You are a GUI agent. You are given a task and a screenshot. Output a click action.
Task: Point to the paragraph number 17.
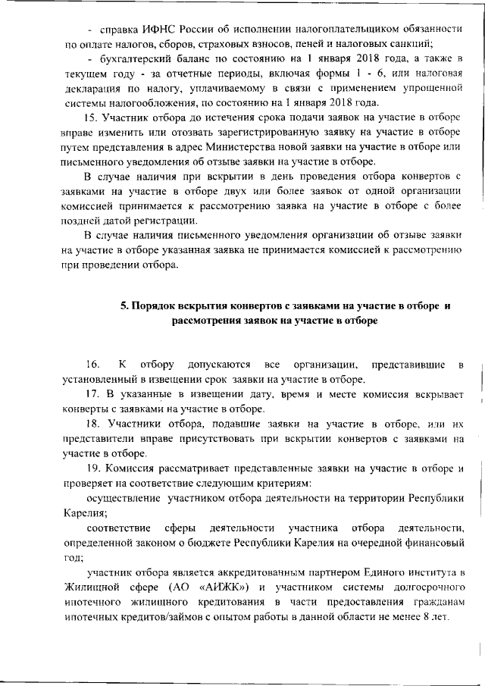[92, 395]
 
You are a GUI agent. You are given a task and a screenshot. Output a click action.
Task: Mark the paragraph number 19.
[92, 468]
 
